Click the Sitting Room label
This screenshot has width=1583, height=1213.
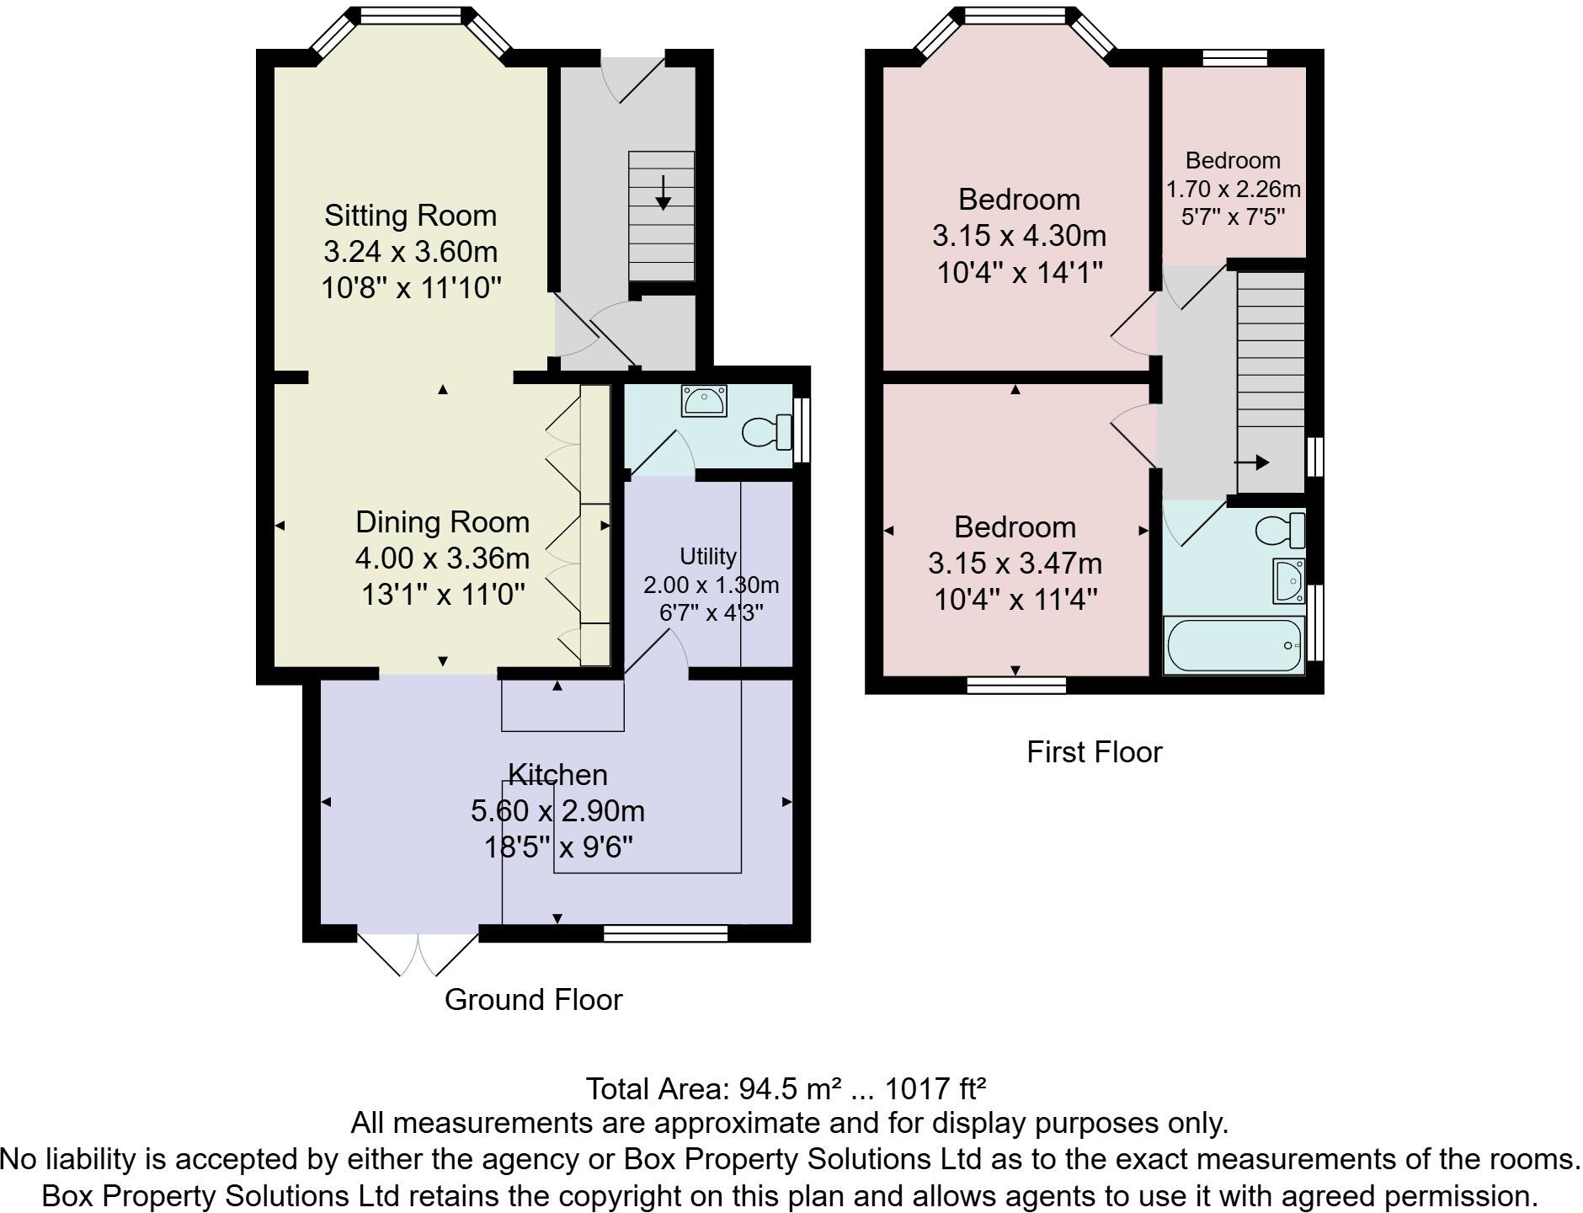pyautogui.click(x=410, y=216)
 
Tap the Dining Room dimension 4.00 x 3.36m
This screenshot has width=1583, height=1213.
pyautogui.click(x=442, y=558)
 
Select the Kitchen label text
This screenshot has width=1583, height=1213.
pyautogui.click(x=557, y=774)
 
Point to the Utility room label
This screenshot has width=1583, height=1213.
pyautogui.click(x=707, y=556)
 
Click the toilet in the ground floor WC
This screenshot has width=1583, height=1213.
pyautogui.click(x=765, y=432)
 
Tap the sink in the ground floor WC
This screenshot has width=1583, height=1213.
pyautogui.click(x=704, y=402)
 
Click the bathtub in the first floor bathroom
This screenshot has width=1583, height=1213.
pyautogui.click(x=1234, y=646)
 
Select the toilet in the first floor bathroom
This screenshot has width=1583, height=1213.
pyautogui.click(x=1279, y=530)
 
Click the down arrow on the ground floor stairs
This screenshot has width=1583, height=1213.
pyautogui.click(x=663, y=193)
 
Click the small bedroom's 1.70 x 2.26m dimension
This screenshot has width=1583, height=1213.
pyautogui.click(x=1233, y=189)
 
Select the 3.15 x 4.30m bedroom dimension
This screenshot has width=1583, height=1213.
pyautogui.click(x=1019, y=236)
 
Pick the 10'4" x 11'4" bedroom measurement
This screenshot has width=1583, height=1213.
pyautogui.click(x=1015, y=600)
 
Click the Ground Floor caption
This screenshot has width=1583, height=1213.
pyautogui.click(x=533, y=1000)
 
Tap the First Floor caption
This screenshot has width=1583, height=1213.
pyautogui.click(x=1094, y=752)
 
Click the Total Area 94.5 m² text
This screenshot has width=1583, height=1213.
pyautogui.click(x=785, y=1089)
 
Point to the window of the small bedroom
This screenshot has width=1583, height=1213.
pyautogui.click(x=1234, y=57)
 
